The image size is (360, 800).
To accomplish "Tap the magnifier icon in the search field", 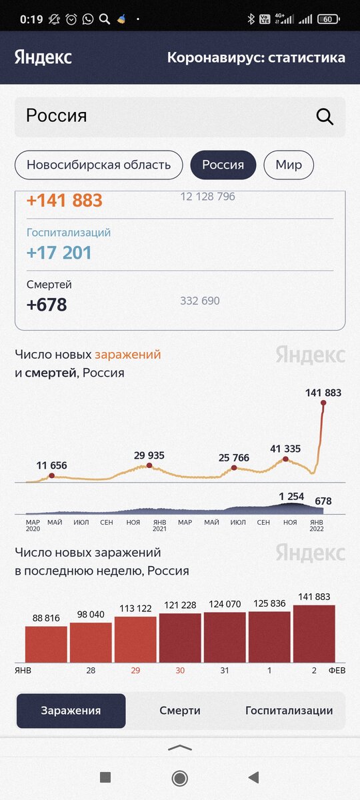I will coord(325,117).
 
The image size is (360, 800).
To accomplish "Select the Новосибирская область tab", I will coord(99,165).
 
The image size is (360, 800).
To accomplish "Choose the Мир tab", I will coord(289,165).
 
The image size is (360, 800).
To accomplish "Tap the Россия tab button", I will coord(223,165).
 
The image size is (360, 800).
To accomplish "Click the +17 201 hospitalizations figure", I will coord(59,253).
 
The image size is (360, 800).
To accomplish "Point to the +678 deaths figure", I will coord(47,305).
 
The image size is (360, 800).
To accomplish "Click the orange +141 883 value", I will coord(65,201).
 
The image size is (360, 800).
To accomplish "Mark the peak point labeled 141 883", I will coord(323,402).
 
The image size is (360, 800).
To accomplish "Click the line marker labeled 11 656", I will coord(51,475).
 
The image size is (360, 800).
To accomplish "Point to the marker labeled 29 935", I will coord(149,465).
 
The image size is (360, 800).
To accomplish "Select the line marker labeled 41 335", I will coord(286,459).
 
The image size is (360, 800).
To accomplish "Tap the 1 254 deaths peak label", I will coord(291,496).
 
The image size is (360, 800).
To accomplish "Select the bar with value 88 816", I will coord(46,644).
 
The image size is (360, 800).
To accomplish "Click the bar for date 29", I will coord(135,639).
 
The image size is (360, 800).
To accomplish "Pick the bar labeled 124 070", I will coord(225,637).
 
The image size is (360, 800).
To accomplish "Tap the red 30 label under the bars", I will coord(180,670).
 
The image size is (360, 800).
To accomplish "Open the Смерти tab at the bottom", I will coord(180,711).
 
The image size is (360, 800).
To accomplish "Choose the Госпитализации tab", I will coord(289,711).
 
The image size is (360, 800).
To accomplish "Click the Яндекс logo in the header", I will coord(43,57).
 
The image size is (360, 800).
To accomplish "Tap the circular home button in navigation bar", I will coord(179,777).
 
